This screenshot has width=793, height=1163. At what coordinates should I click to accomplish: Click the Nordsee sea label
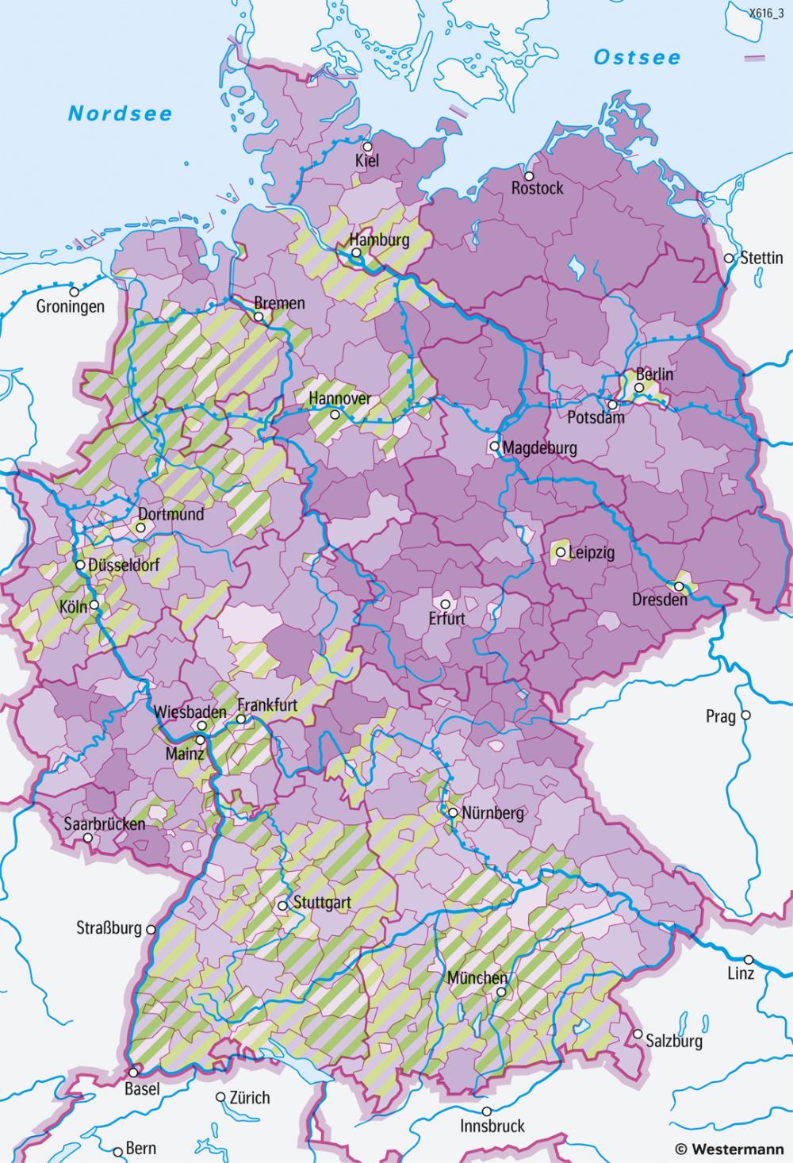click(120, 113)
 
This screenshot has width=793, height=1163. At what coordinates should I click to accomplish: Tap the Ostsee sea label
click(637, 58)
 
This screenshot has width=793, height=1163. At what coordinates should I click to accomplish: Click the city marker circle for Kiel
click(367, 147)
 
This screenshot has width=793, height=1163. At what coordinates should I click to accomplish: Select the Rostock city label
click(538, 189)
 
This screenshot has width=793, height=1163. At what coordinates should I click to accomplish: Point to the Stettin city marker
click(729, 258)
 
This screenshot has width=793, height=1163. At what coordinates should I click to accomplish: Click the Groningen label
click(70, 306)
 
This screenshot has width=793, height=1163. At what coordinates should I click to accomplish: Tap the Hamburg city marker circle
click(357, 254)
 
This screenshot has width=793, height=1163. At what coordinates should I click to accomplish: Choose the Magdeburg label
click(539, 447)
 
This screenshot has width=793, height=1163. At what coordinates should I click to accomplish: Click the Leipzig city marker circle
click(560, 551)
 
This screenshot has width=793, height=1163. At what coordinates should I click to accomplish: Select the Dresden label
click(660, 600)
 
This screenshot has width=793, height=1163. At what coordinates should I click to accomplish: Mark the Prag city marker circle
click(745, 716)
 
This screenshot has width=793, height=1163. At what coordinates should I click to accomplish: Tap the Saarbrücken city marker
click(87, 838)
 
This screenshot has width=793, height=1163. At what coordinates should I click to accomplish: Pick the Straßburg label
click(109, 928)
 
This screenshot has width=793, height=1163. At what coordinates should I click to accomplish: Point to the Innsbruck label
click(492, 1126)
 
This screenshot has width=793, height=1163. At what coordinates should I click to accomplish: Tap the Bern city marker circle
click(118, 1149)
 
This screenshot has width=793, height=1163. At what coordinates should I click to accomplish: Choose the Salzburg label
click(673, 1040)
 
